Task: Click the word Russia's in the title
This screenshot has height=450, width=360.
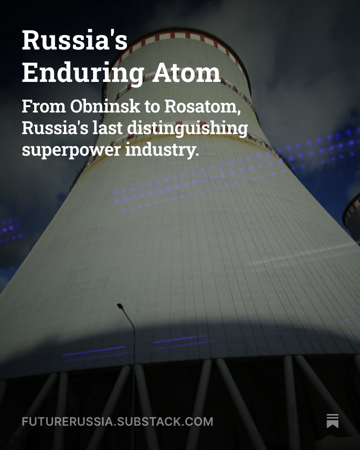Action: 75,40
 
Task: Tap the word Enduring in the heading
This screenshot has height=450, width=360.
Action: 83,73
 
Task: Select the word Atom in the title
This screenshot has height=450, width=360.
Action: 186,73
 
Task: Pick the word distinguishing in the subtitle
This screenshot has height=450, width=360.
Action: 186,129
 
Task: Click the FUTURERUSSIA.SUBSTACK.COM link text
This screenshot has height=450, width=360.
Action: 117,422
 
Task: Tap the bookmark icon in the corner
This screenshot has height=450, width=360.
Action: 333,421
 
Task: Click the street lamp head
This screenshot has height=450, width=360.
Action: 120,306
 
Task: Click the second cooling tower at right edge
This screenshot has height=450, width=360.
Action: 352,216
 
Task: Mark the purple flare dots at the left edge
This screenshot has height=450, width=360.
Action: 11,229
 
